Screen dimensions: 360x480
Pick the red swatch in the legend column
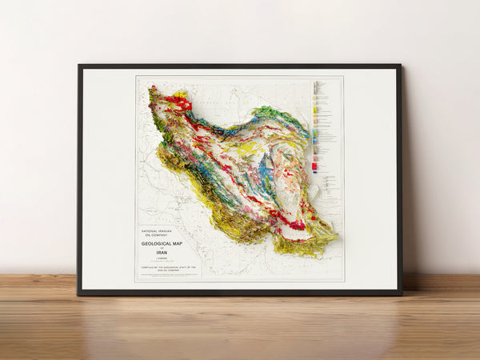click(x=315, y=166)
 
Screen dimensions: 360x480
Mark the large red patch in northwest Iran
click(x=179, y=103)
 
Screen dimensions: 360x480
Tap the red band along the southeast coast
click(x=293, y=223)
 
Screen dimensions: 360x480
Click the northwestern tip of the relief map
click(x=151, y=90)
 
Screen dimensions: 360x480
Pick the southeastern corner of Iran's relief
click(x=334, y=238)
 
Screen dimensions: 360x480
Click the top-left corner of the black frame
click(x=79, y=66)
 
